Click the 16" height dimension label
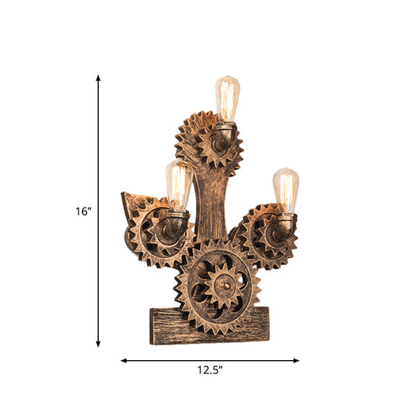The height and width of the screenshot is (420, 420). pos(83,211)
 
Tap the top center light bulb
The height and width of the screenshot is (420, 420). pos(226,97)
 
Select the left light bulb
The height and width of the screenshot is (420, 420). pos(179,184)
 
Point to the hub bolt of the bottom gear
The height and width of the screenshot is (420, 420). pos(221,286)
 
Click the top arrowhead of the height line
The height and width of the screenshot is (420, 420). pos(99,77)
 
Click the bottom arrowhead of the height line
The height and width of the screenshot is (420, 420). pos(99,344)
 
